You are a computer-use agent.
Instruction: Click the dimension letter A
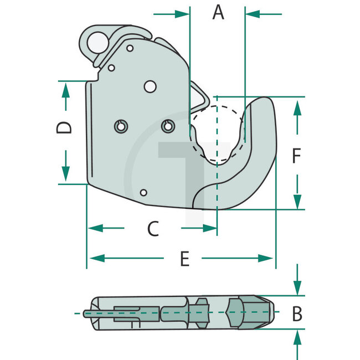coord(219,12)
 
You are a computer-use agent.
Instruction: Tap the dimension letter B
coord(297,314)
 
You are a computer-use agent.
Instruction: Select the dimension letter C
coord(153,228)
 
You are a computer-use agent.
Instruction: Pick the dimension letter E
coord(185,258)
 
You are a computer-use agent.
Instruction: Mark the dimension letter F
coord(296,157)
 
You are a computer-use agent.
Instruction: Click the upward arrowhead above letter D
coord(65,89)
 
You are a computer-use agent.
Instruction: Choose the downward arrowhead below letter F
coord(297,201)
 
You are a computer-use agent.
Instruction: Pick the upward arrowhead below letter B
coord(298,336)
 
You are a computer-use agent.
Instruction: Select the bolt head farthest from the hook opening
coord(120,126)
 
